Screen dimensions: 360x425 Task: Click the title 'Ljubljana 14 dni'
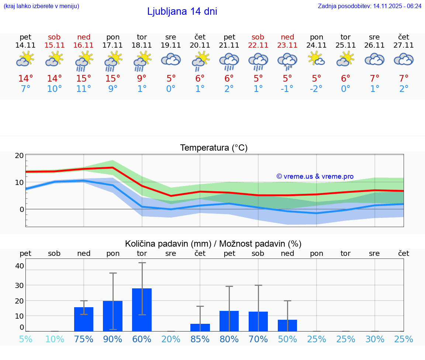pyautogui.click(x=182, y=11)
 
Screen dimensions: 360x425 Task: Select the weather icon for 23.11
pyautogui.click(x=287, y=61)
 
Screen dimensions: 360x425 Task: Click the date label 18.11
pyautogui.click(x=142, y=45)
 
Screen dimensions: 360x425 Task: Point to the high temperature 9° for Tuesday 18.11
pyautogui.click(x=142, y=79)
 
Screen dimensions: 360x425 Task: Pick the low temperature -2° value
pyautogui.click(x=317, y=89)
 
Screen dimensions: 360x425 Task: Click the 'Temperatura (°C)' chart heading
pyautogui.click(x=214, y=148)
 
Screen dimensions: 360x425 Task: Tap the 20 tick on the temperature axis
pyautogui.click(x=19, y=155)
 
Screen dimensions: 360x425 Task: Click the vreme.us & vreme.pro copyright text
pyautogui.click(x=315, y=176)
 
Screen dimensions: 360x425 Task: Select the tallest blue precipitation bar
pyautogui.click(x=142, y=309)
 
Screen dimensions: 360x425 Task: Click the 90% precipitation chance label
pyautogui.click(x=113, y=339)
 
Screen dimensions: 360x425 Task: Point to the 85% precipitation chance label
pyautogui.click(x=200, y=339)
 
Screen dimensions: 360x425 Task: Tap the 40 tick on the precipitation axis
pyautogui.click(x=19, y=266)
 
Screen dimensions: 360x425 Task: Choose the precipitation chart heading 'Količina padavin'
pyautogui.click(x=213, y=244)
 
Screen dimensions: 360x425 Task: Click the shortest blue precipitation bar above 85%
pyautogui.click(x=200, y=328)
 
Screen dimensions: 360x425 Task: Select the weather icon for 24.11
pyautogui.click(x=317, y=59)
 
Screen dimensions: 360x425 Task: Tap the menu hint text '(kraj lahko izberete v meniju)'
pyautogui.click(x=41, y=6)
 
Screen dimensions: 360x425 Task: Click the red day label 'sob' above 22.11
pyautogui.click(x=258, y=37)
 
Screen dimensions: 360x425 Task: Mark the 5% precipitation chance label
pyautogui.click(x=25, y=339)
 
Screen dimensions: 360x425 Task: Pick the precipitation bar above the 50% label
pyautogui.click(x=287, y=325)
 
